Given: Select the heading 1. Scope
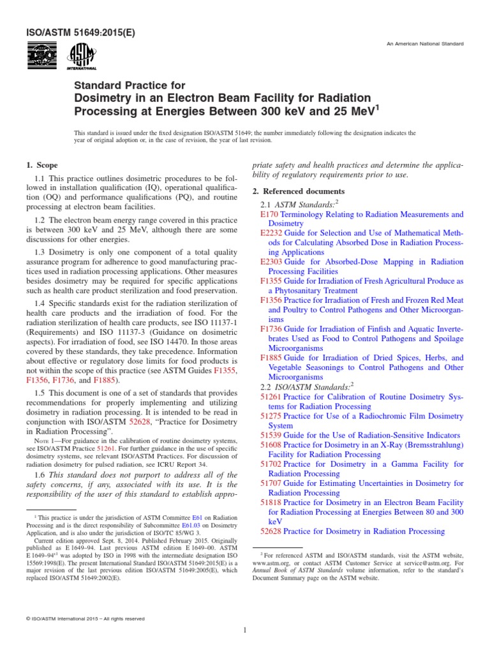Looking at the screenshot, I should [x=44, y=166].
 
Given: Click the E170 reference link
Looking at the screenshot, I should [x=269, y=215].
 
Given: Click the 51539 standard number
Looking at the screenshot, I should [x=271, y=435].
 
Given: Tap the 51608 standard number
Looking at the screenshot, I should [x=271, y=444].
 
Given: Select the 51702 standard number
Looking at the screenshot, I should [x=271, y=464].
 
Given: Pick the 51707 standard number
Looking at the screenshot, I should [x=271, y=483].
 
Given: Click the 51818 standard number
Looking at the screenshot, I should [x=271, y=503].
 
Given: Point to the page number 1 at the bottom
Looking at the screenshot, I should [x=245, y=631].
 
